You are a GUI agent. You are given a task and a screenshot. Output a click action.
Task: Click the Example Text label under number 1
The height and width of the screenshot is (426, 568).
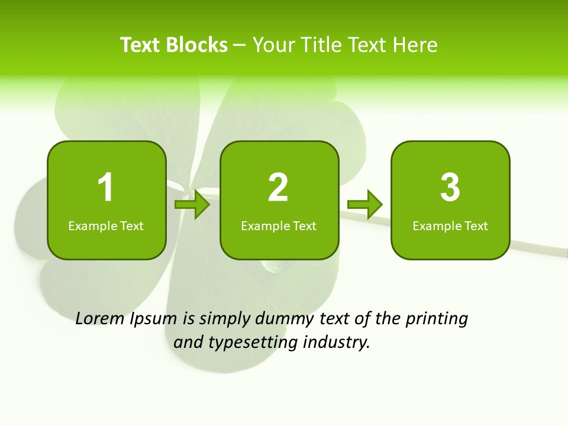point(106,226)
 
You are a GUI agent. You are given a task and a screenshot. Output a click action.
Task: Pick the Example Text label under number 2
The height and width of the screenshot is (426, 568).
point(279,226)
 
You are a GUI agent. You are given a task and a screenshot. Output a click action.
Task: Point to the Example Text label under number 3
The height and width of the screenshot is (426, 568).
point(450,226)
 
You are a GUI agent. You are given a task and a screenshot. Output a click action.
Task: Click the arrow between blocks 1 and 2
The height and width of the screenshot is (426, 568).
point(193,204)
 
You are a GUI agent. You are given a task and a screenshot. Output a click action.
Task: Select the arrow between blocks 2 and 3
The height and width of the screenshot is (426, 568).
point(365,204)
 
